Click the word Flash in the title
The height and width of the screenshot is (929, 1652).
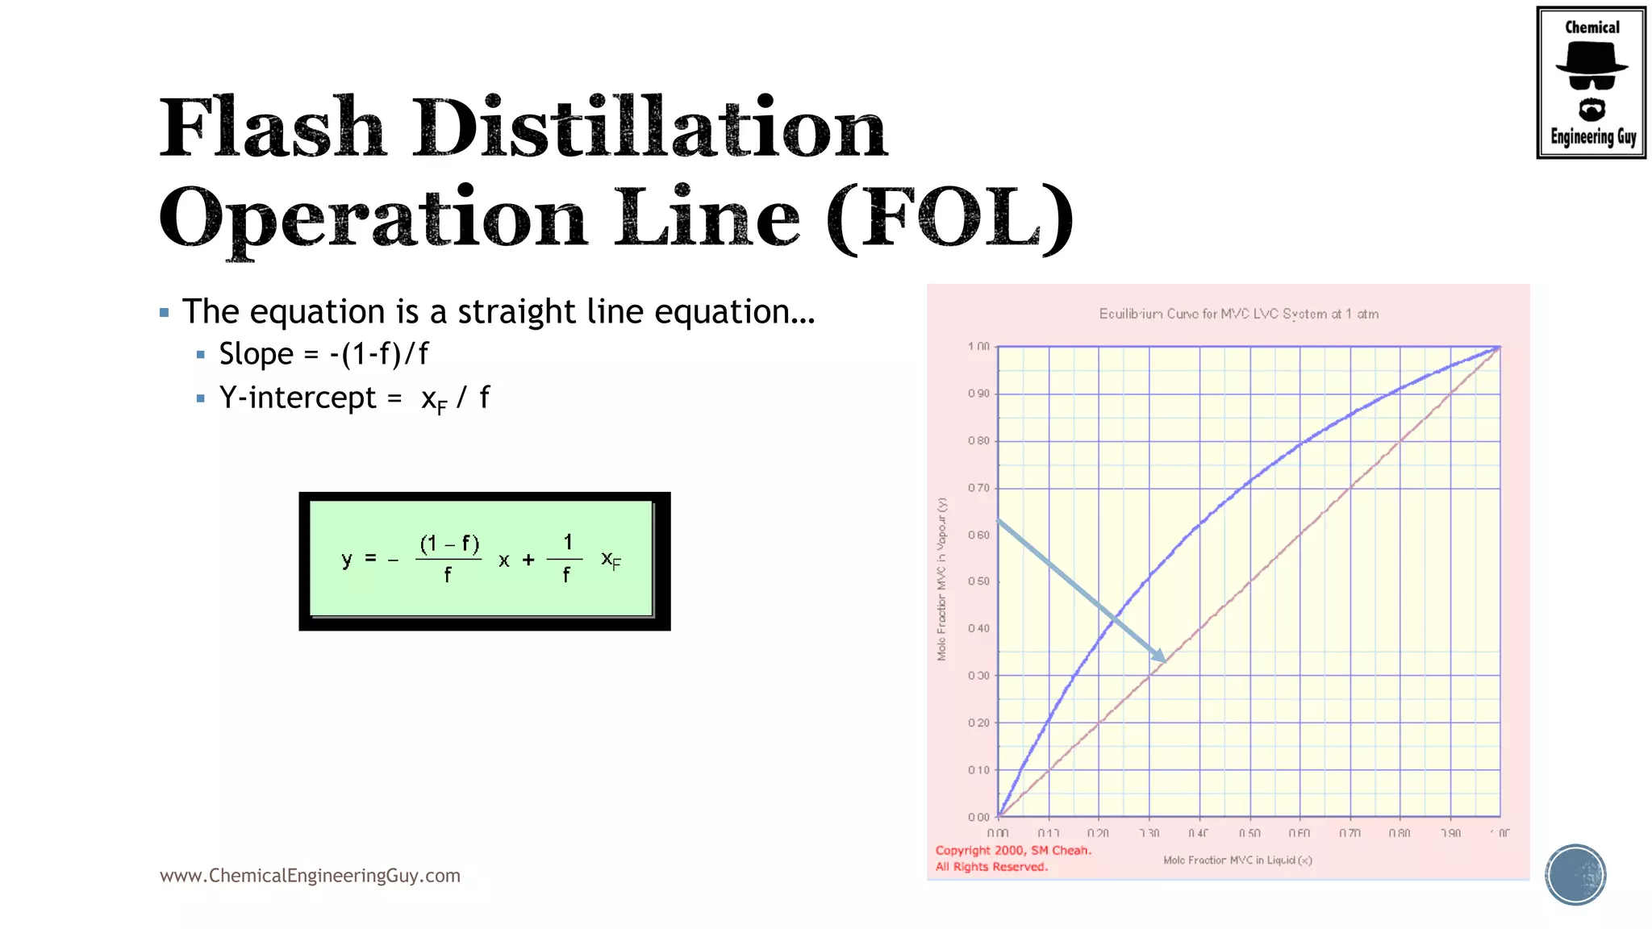[272, 128]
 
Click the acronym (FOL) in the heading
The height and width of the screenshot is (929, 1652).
[950, 218]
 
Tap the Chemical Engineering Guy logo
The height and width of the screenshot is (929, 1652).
[1591, 82]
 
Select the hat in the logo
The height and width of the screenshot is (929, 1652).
[1592, 58]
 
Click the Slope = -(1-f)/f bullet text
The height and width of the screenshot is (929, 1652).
[323, 354]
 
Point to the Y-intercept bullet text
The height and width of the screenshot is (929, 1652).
[354, 398]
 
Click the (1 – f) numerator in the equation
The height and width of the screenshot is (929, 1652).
[449, 544]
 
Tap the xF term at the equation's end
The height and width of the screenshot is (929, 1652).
[611, 559]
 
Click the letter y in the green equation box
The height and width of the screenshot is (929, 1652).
[347, 558]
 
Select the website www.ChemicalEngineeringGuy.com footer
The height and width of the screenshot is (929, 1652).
[310, 876]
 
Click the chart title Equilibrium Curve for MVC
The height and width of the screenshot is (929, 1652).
[1238, 314]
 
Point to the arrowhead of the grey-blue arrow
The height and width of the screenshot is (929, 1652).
[1160, 657]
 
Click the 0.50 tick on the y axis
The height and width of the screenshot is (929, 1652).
[978, 581]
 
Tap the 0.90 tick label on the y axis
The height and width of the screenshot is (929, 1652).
[978, 394]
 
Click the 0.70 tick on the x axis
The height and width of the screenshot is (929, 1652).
[1350, 833]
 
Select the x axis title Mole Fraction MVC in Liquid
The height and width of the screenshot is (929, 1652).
[1237, 860]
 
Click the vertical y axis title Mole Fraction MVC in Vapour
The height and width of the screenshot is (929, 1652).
[941, 579]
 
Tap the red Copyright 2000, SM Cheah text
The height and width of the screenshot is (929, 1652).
[1013, 850]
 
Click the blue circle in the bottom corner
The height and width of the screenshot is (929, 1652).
[1575, 875]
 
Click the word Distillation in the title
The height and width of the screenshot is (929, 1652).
[650, 128]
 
